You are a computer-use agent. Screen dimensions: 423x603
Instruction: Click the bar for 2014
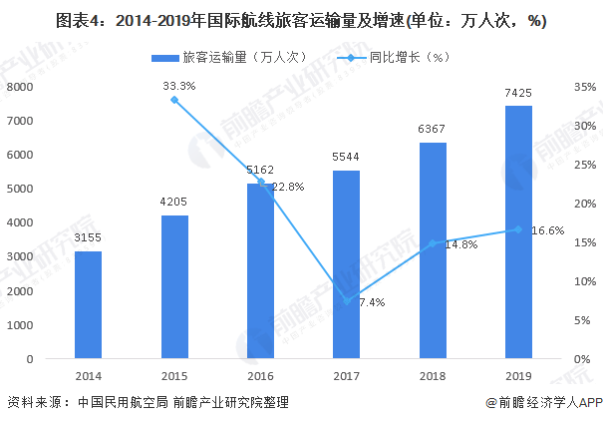pyautogui.click(x=88, y=305)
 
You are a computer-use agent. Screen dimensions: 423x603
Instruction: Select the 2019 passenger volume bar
pyautogui.click(x=518, y=232)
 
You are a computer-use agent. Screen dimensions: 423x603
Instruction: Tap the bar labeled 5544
pyautogui.click(x=347, y=264)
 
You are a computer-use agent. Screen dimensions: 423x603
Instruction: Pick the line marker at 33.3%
pyautogui.click(x=174, y=100)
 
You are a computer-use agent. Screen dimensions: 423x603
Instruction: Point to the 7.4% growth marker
pyautogui.click(x=347, y=301)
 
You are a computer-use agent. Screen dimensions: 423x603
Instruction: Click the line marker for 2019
pyautogui.click(x=518, y=229)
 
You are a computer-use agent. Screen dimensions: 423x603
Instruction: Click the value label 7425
pyautogui.click(x=518, y=93)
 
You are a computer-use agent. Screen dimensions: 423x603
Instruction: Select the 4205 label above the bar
pyautogui.click(x=174, y=202)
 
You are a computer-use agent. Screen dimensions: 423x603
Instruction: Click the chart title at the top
pyautogui.click(x=301, y=20)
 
